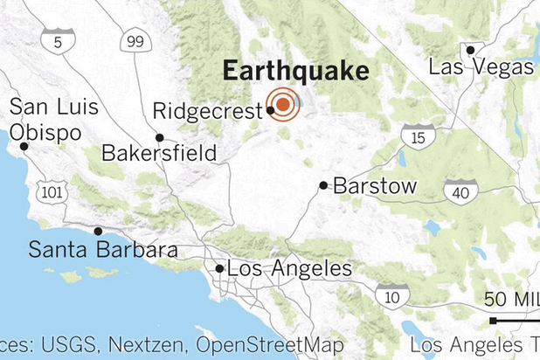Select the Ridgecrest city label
(206, 112)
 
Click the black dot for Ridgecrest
(270, 111)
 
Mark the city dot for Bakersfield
(160, 137)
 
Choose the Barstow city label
(374, 185)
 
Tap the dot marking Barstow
(323, 185)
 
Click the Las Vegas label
(481, 66)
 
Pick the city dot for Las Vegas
(470, 49)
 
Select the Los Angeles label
(288, 269)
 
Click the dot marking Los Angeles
(218, 268)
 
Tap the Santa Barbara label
(103, 250)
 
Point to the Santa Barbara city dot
(98, 231)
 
